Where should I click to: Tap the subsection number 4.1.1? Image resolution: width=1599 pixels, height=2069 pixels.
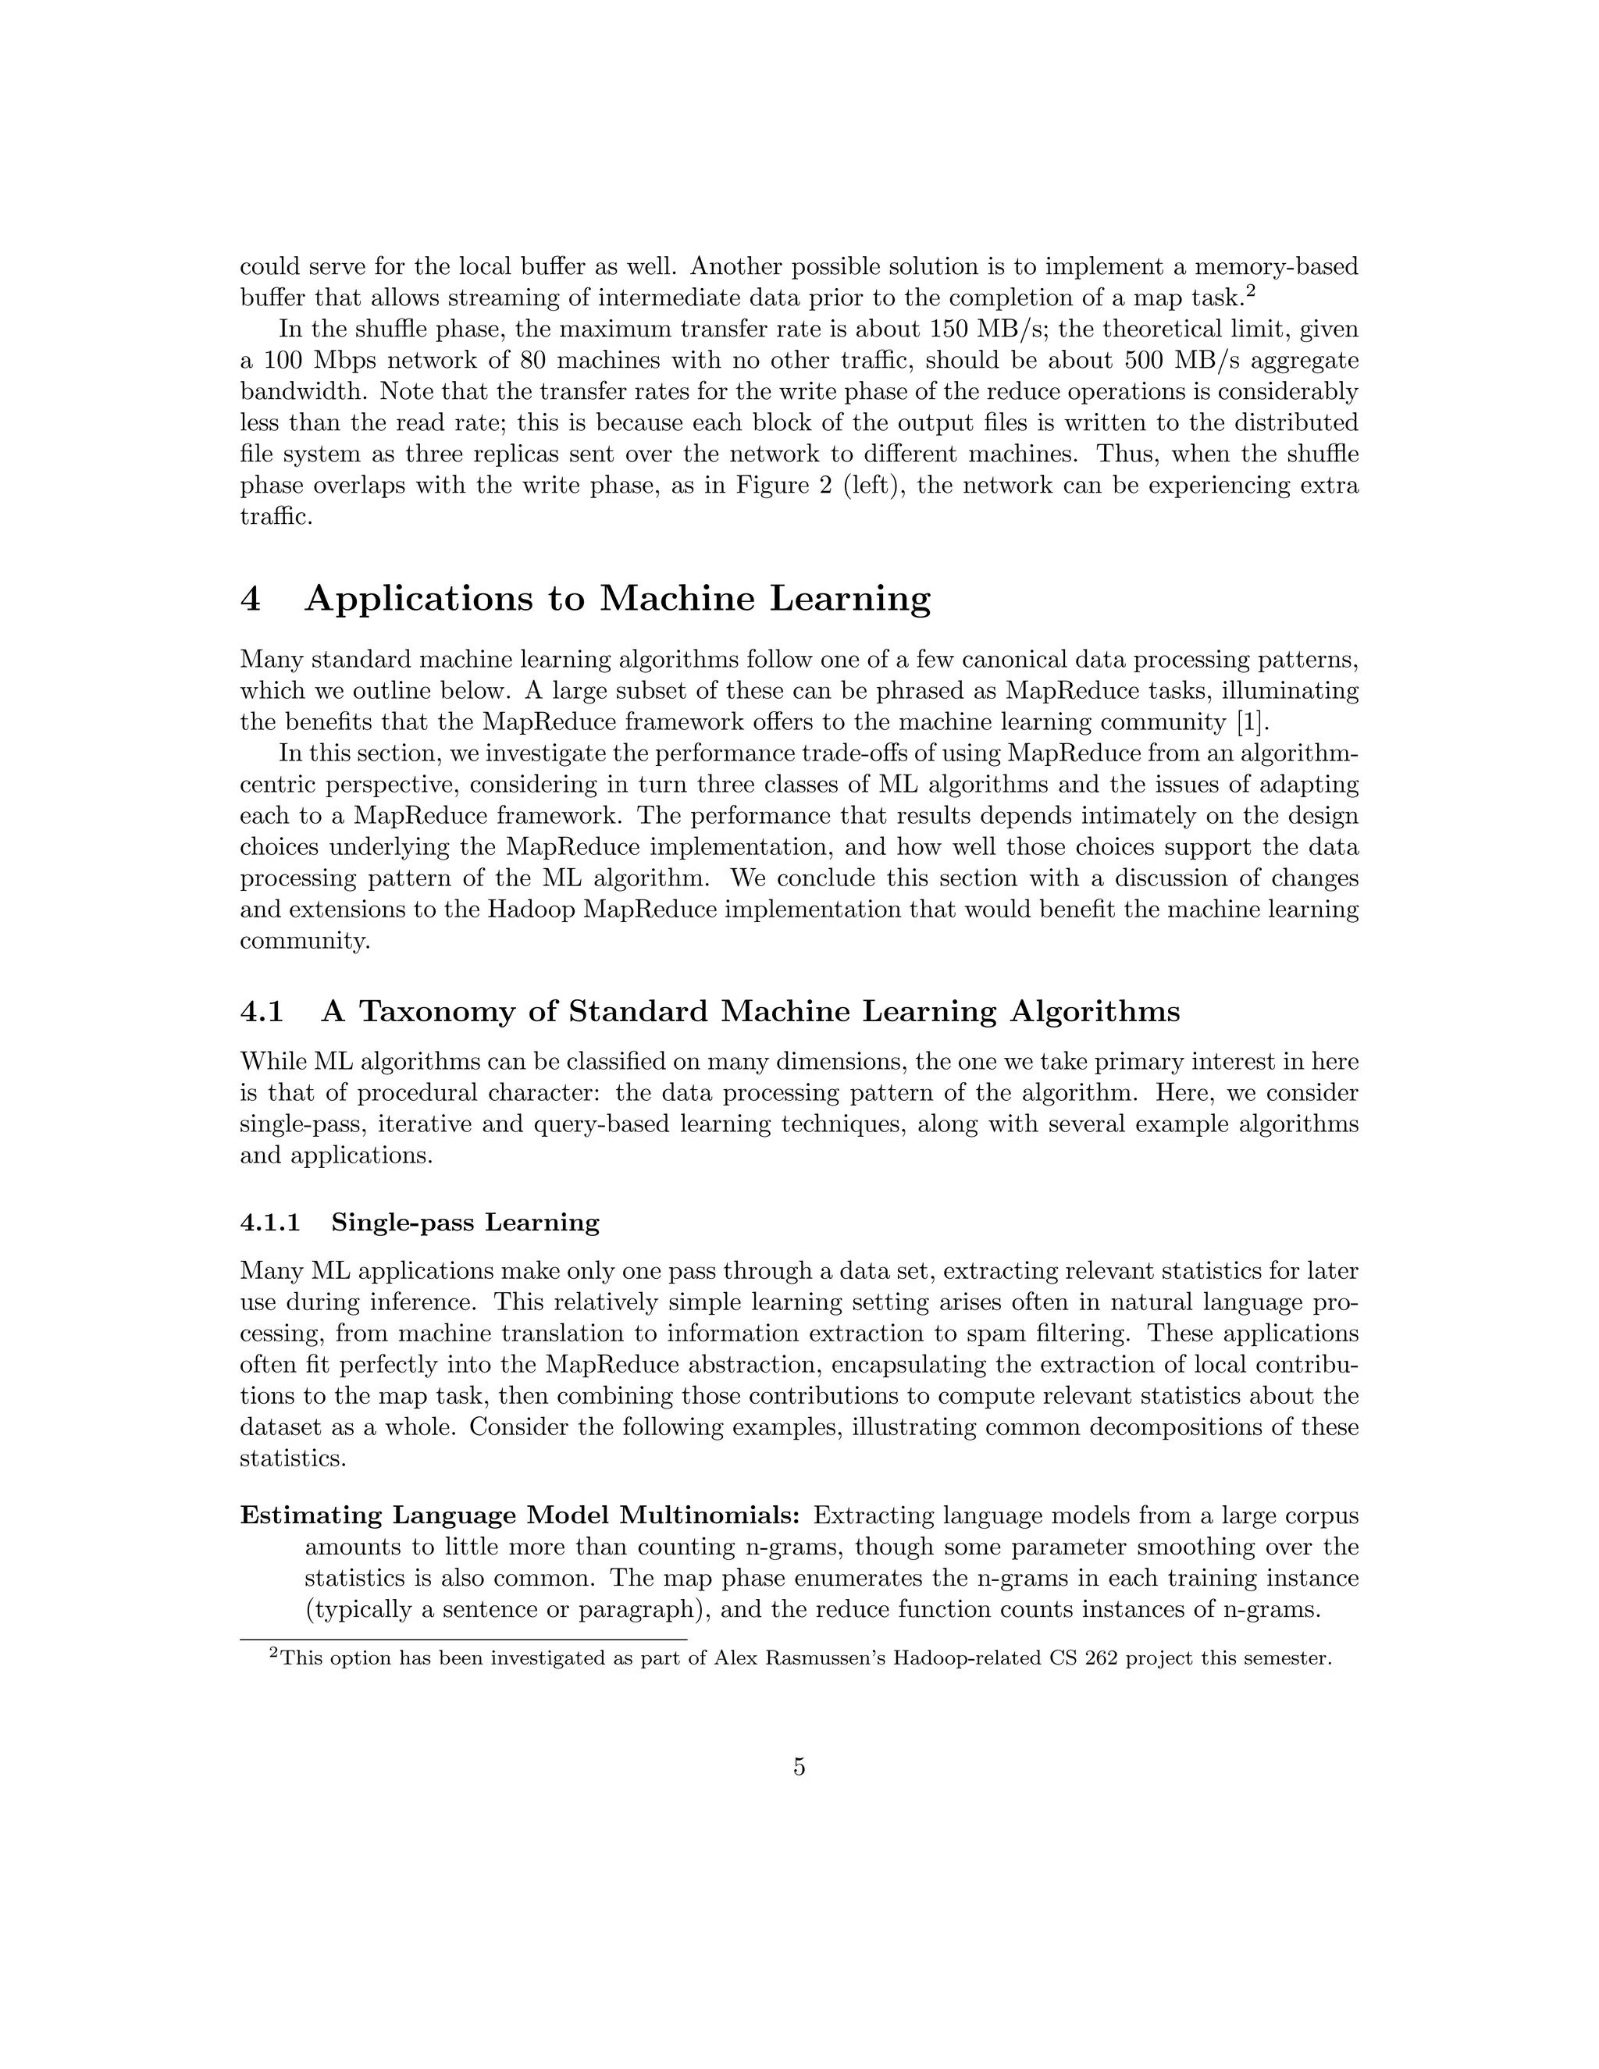coord(270,1223)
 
